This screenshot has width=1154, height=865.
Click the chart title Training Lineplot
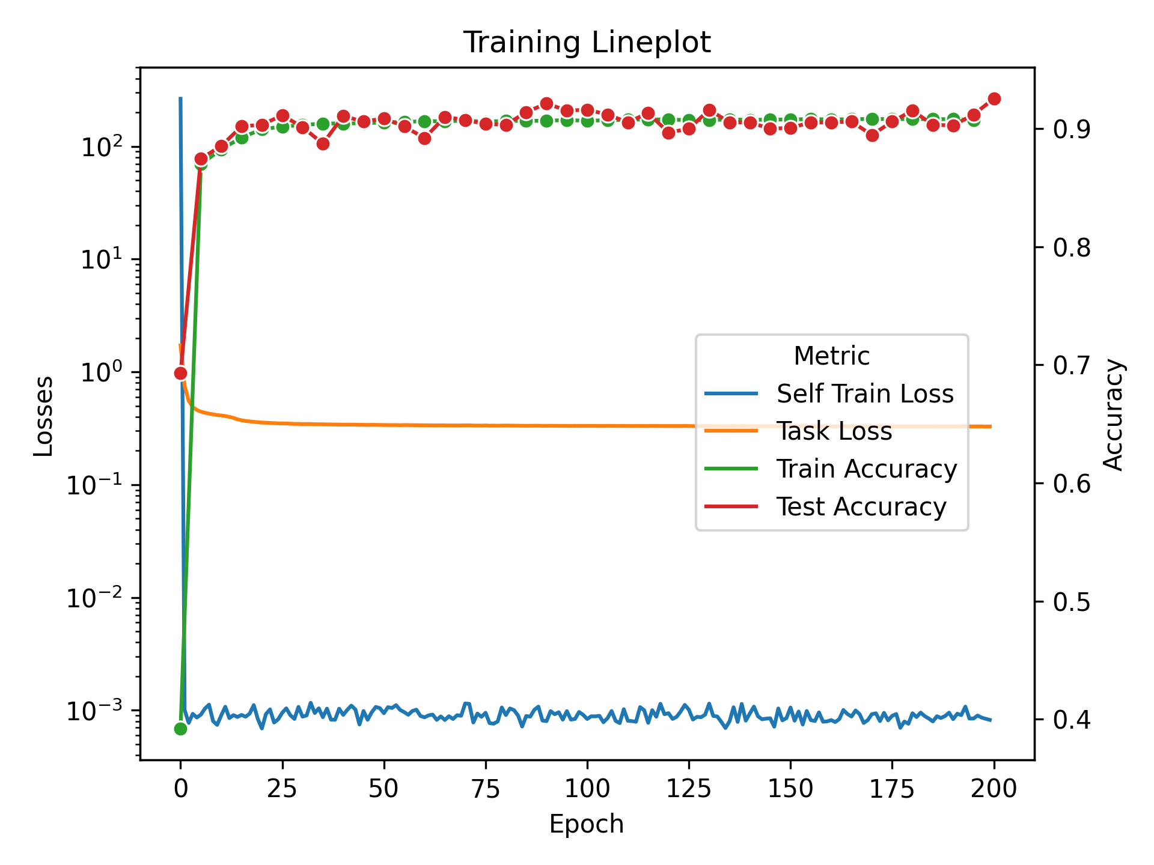click(587, 43)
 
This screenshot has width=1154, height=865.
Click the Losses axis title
click(44, 416)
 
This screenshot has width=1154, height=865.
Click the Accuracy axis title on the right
click(1114, 414)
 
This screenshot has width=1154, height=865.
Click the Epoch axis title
click(587, 824)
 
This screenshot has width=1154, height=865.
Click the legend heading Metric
click(831, 356)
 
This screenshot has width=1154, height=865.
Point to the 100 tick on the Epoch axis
click(587, 788)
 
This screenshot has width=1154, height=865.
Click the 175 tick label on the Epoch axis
click(892, 788)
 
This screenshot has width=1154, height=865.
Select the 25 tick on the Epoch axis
click(282, 788)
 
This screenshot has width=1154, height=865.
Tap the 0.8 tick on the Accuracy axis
click(1072, 247)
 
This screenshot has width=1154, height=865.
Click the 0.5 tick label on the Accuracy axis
click(1072, 602)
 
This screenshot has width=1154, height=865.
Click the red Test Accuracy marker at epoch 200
click(994, 99)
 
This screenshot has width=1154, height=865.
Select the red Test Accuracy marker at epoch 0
click(180, 374)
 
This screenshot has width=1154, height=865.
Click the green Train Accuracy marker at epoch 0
click(180, 729)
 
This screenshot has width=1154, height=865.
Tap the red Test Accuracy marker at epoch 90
click(546, 104)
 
